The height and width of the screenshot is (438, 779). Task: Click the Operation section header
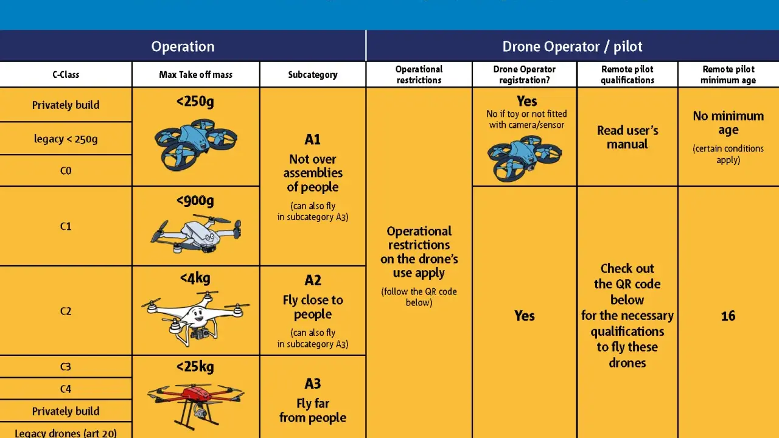tap(183, 47)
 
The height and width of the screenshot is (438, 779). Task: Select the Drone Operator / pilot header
tap(572, 47)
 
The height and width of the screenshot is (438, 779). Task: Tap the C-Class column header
tap(66, 74)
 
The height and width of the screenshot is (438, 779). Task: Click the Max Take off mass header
tap(196, 74)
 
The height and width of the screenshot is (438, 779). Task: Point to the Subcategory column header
tap(313, 75)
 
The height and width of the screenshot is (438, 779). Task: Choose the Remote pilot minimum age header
tap(728, 75)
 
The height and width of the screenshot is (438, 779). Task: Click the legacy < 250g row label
tap(66, 139)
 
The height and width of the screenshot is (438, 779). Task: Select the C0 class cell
tap(66, 171)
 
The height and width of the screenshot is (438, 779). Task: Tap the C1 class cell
tap(66, 226)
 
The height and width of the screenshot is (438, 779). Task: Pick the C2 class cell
tap(66, 311)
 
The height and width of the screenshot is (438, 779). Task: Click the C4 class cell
tap(66, 389)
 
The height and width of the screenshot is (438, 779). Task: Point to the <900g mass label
tap(195, 201)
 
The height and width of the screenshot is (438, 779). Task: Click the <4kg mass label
tap(195, 278)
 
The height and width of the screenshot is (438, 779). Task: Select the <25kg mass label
tap(195, 367)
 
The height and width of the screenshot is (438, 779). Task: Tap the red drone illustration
tap(196, 405)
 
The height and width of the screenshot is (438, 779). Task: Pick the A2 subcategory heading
tap(313, 280)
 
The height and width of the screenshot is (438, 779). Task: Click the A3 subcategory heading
tap(313, 384)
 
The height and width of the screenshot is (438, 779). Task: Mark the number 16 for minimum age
tap(728, 316)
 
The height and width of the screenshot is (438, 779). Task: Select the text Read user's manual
tap(627, 137)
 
